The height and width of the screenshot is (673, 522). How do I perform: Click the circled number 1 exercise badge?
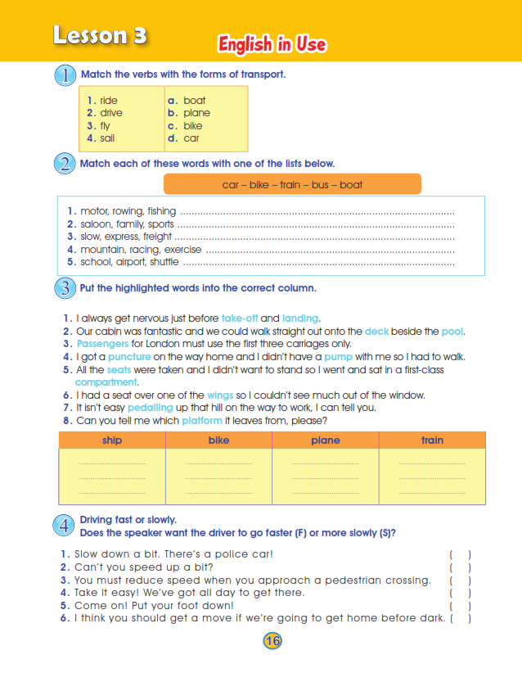65,76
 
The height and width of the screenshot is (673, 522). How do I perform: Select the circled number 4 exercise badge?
65,526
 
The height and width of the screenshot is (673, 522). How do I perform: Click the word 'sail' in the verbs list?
107,138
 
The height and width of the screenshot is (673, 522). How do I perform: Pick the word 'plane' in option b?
196,113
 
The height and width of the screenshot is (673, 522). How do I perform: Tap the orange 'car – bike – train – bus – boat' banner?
292,184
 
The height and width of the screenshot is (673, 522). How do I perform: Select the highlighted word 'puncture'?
129,357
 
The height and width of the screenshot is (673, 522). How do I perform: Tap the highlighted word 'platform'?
203,421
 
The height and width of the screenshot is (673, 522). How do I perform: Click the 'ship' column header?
112,440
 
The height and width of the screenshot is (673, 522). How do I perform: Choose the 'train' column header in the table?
432,440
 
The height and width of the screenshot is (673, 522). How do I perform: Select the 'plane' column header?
325,440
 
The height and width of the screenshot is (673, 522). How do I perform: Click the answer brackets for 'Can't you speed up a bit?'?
460,567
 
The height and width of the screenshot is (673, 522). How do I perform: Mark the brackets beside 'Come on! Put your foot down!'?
460,605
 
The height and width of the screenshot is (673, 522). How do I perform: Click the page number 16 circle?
272,641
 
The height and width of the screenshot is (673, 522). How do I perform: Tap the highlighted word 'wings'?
220,395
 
